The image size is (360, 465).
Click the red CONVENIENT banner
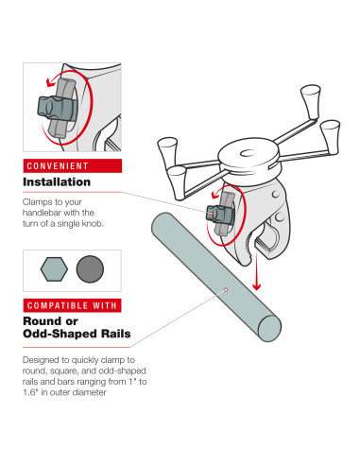coord(72,165)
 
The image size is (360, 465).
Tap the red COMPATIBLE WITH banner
coord(72,305)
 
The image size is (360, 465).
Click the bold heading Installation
coord(57,182)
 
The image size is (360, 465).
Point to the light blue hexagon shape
coord(54,268)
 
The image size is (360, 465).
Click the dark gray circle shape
coord(90,268)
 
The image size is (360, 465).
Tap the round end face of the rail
coord(269,328)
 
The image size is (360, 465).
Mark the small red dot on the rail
coord(226,289)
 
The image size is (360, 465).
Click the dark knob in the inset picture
coord(56,107)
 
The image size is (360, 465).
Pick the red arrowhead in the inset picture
coord(50,82)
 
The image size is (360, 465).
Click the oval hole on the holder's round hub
coord(249,153)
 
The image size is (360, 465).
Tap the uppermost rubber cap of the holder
coord(311,96)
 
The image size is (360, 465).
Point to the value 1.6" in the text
coord(30,392)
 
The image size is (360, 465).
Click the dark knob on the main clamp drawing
coord(219,215)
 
